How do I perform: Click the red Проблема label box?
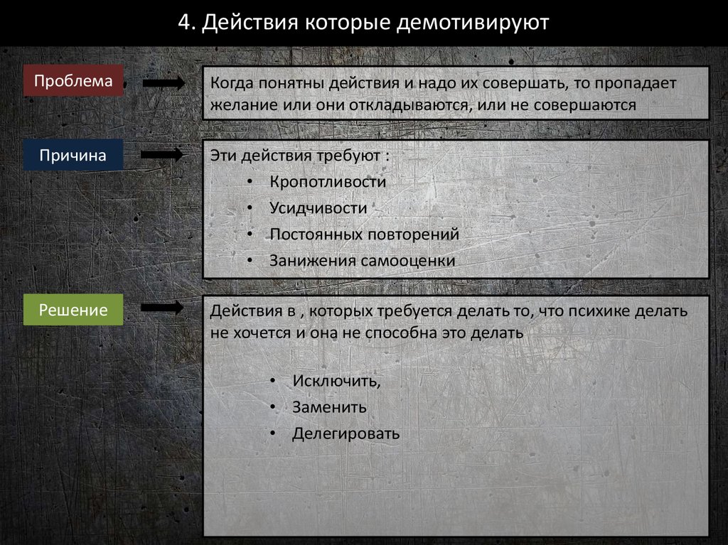73,81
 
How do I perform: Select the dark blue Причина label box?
73,156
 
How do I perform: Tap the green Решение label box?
73,310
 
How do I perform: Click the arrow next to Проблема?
164,82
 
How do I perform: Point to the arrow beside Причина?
164,156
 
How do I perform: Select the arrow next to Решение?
164,308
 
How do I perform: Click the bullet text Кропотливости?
328,181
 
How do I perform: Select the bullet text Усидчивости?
318,207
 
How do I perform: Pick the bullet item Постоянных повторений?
364,234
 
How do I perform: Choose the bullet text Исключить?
336,381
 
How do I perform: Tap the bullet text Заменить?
329,407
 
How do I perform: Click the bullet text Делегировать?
346,433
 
